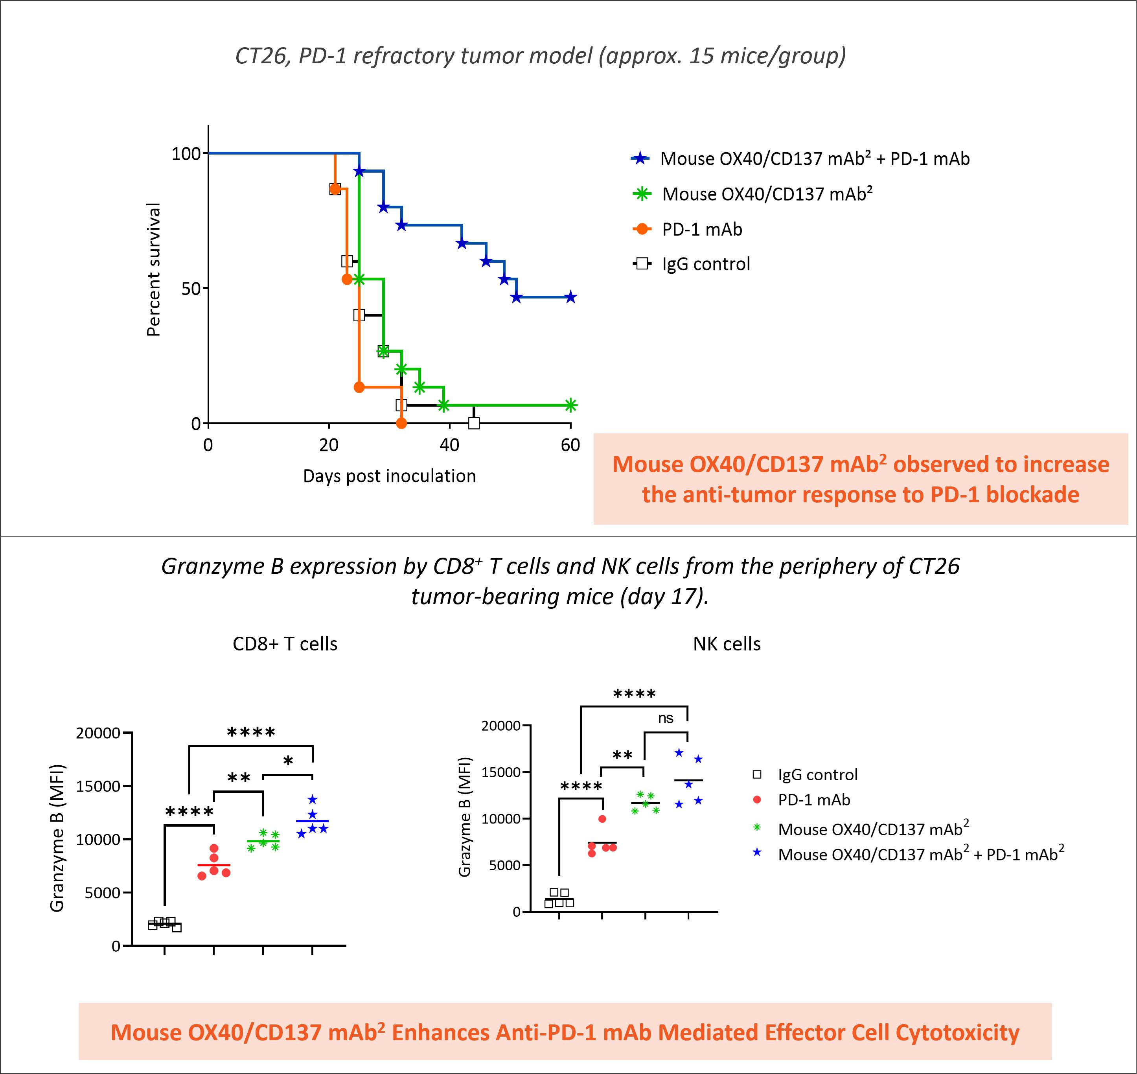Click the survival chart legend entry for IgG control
point(705,264)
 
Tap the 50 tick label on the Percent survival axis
point(191,289)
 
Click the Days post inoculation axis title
point(389,476)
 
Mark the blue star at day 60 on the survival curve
point(570,297)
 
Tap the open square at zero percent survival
point(474,423)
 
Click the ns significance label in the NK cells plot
point(666,718)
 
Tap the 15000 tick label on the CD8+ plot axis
point(98,787)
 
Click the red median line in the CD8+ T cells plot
point(213,865)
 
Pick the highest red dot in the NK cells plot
point(602,819)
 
